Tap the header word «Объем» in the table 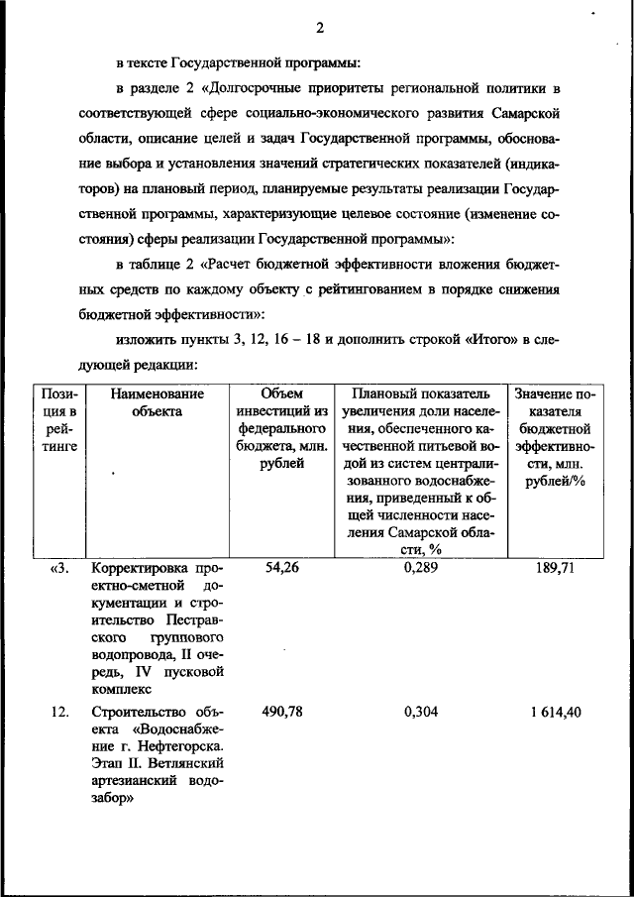coord(281,393)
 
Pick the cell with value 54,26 coord(281,568)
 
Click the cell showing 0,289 coord(421,568)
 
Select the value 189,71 coord(554,568)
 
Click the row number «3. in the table coord(60,568)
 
